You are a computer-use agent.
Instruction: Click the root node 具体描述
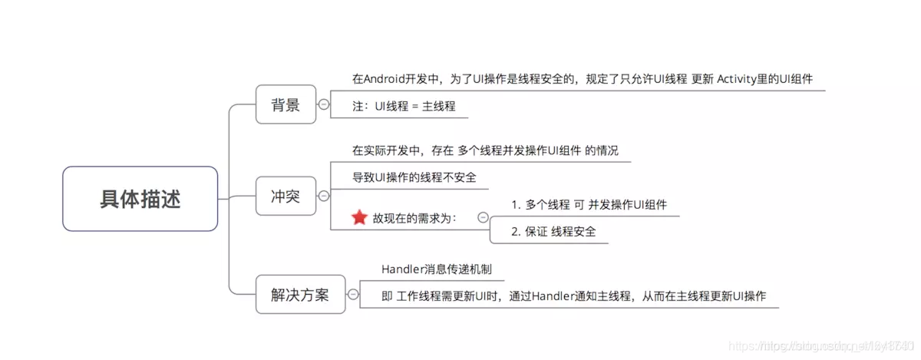point(140,199)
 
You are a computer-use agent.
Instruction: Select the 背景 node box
point(286,104)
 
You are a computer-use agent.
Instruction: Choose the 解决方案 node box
point(299,294)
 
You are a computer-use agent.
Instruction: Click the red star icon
point(359,217)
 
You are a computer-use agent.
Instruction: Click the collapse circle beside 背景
point(324,104)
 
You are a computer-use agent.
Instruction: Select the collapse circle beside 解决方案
point(353,294)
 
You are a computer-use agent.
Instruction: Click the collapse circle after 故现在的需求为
point(483,217)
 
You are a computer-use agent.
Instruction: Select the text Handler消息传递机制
point(437,269)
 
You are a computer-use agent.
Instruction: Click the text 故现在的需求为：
point(414,218)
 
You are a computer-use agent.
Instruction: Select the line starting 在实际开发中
point(485,150)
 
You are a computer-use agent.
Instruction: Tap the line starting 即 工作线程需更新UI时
point(573,296)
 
